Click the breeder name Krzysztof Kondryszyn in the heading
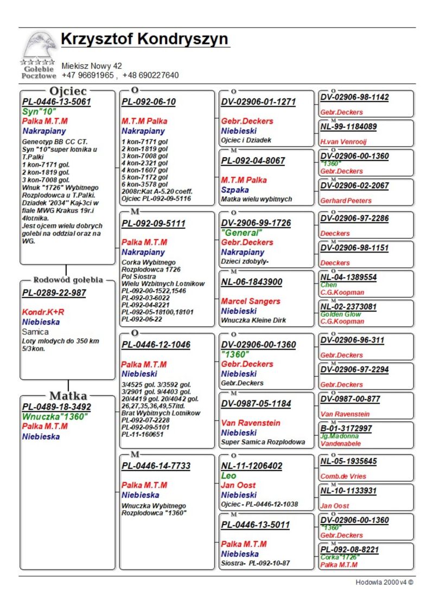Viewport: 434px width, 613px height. coord(144,40)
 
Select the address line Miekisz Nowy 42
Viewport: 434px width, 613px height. coord(92,66)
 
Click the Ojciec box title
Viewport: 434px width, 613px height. coord(68,91)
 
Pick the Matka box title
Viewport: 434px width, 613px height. coord(68,396)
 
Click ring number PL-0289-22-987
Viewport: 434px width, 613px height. coord(54,293)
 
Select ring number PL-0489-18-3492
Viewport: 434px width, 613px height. coord(56,406)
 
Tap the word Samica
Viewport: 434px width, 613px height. coord(35,332)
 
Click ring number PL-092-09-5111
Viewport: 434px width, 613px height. coord(154,223)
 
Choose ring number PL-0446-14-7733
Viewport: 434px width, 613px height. coord(156,466)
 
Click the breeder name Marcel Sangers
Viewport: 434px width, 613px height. coord(251,301)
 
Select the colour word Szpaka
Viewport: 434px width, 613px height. coord(235,190)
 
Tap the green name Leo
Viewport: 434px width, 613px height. coord(228,475)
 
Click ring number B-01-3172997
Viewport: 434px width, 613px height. coord(346,428)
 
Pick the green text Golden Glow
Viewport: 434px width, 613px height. coord(340,314)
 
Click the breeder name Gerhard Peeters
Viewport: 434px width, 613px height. coord(346,201)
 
